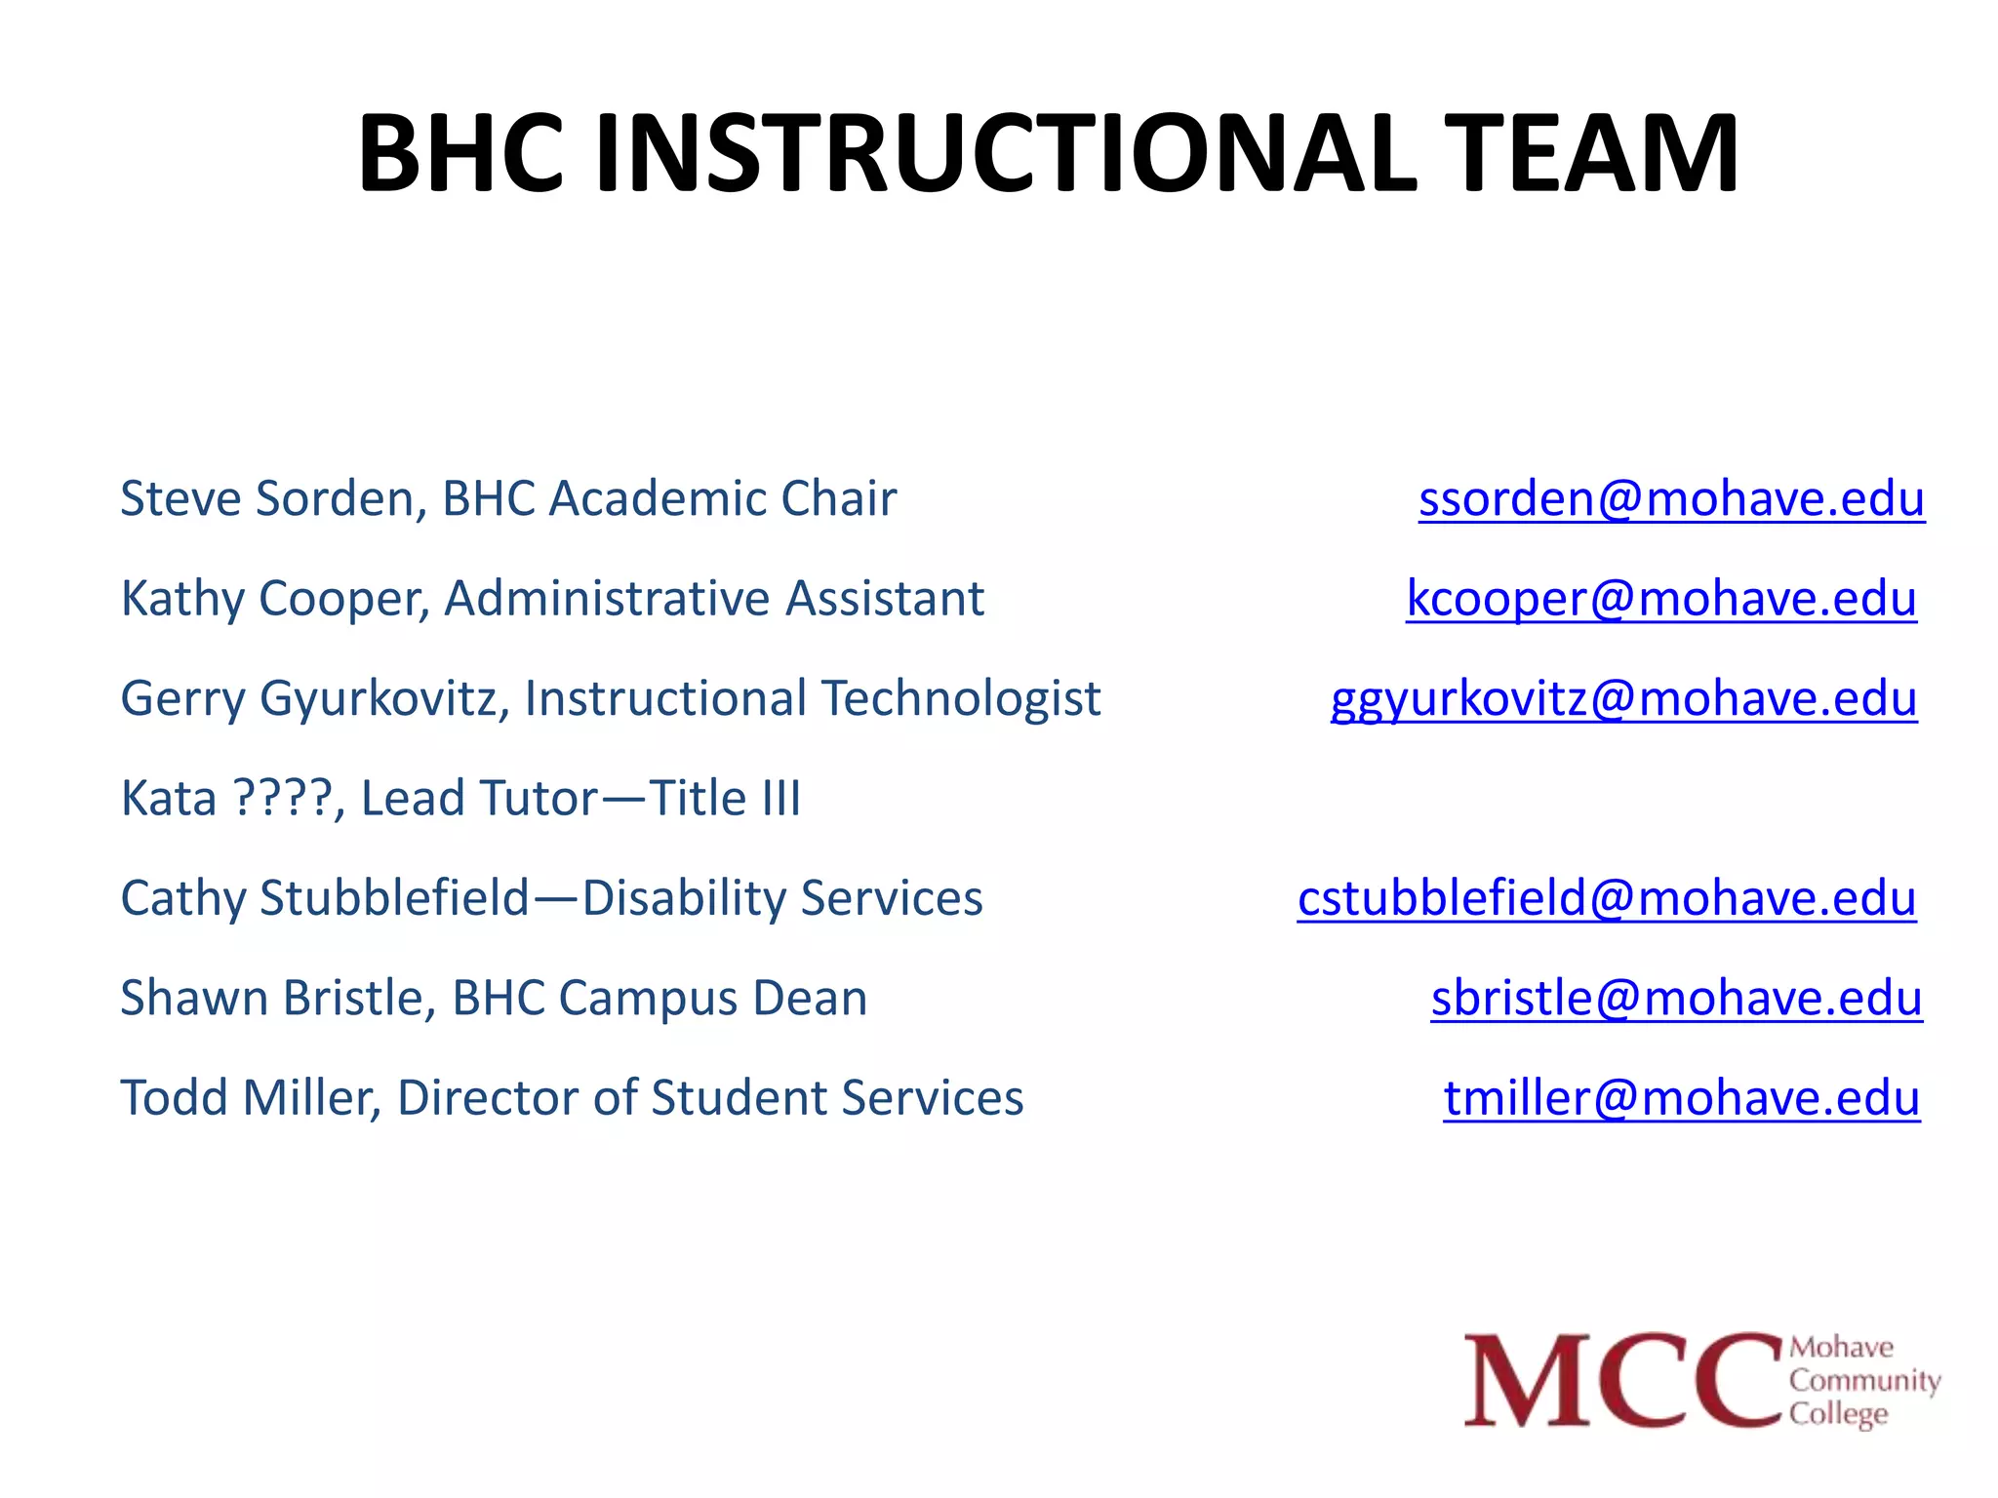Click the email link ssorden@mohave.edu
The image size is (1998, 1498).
(1671, 499)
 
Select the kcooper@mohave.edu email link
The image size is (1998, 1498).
(1660, 599)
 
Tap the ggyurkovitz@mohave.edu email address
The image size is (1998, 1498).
(1623, 699)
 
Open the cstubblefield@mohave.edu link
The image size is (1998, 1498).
(1606, 898)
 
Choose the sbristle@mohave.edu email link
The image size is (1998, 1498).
(1676, 999)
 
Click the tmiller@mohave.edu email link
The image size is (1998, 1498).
(1681, 1098)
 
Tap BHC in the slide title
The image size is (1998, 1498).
(460, 154)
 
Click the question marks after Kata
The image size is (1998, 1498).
(284, 799)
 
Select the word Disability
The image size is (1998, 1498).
(683, 899)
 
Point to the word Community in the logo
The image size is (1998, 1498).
(1864, 1381)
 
